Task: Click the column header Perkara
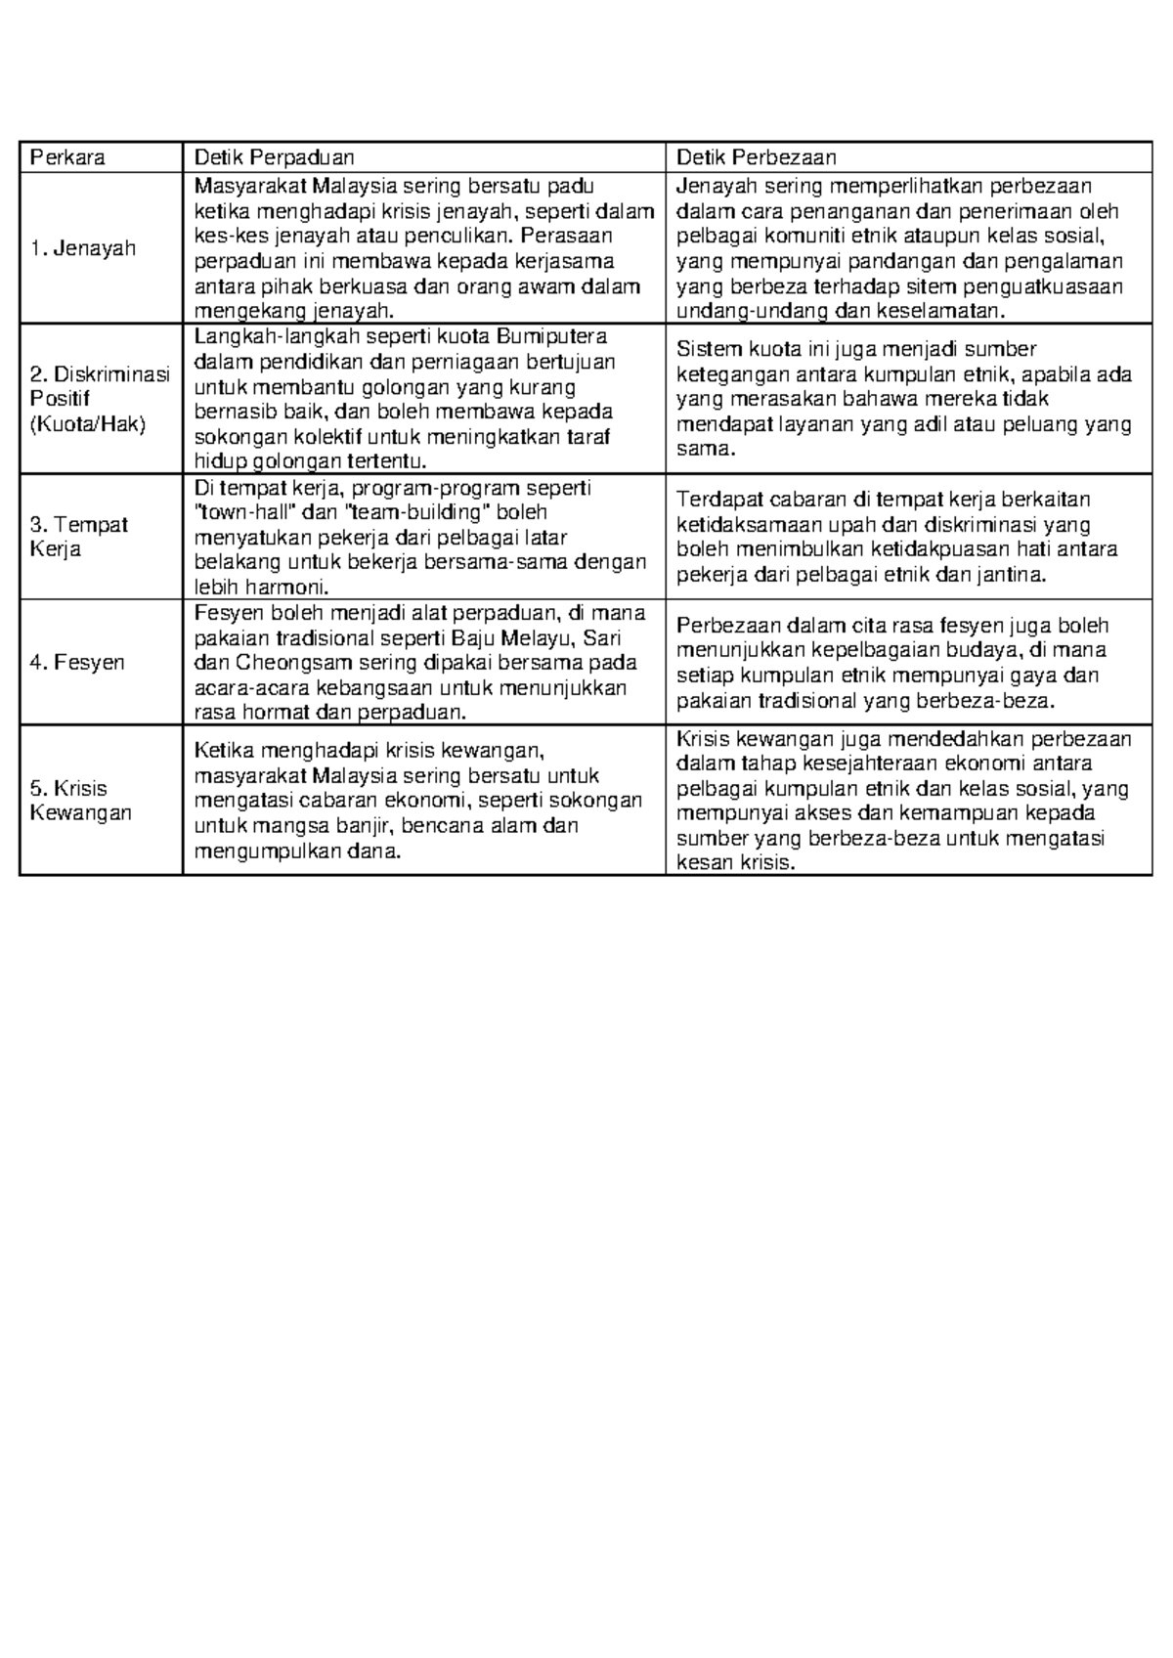(x=67, y=157)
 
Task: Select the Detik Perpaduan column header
(x=274, y=157)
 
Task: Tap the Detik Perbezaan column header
(x=756, y=157)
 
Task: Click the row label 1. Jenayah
(x=82, y=248)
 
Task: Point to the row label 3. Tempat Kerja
(x=78, y=537)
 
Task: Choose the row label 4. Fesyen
(x=77, y=663)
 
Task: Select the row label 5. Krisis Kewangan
(x=80, y=801)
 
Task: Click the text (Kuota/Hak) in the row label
(x=87, y=424)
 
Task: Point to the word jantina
(x=1011, y=575)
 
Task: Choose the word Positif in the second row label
(x=60, y=399)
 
